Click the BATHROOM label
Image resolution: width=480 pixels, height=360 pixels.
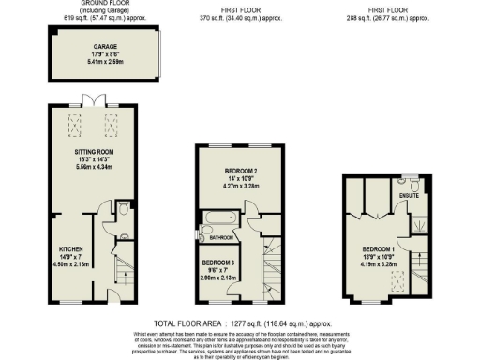pyautogui.click(x=221, y=238)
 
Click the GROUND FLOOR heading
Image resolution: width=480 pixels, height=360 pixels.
pyautogui.click(x=104, y=4)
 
